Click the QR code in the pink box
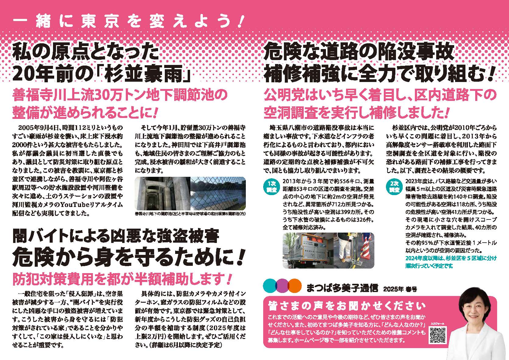pyautogui.click(x=437, y=335)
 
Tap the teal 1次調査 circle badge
pyautogui.click(x=271, y=187)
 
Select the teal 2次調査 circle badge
pyautogui.click(x=394, y=187)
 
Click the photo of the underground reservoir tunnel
pyautogui.click(x=162, y=194)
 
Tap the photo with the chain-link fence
pyautogui.click(x=218, y=194)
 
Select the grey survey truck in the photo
pyautogui.click(x=308, y=250)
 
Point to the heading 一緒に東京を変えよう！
pyautogui.click(x=128, y=22)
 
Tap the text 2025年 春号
pyautogui.click(x=400, y=289)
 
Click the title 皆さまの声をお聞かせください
pyautogui.click(x=347, y=306)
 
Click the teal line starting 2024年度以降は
pyautogui.click(x=451, y=262)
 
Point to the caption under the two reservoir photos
pyautogui.click(x=190, y=214)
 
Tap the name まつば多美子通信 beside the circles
pyautogui.click(x=342, y=288)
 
